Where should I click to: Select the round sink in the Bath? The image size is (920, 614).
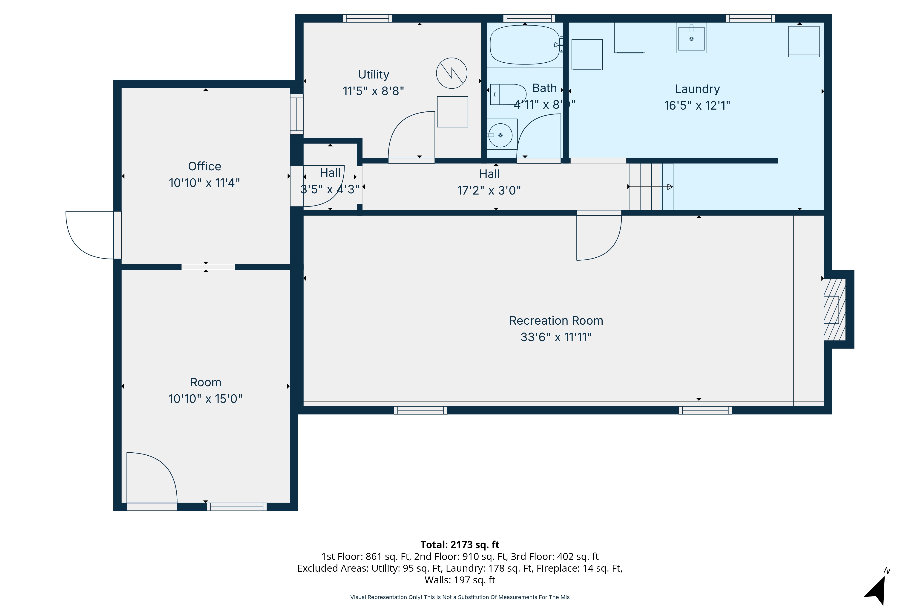coord(500,135)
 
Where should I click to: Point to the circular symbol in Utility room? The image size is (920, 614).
coord(451,73)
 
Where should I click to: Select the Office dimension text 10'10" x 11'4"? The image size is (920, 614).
coord(204,183)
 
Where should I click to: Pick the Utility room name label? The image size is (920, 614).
coord(374,74)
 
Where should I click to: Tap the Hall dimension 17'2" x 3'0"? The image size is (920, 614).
coord(489,191)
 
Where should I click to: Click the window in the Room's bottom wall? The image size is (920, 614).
coord(237,507)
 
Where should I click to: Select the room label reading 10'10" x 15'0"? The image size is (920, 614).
coord(205,399)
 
